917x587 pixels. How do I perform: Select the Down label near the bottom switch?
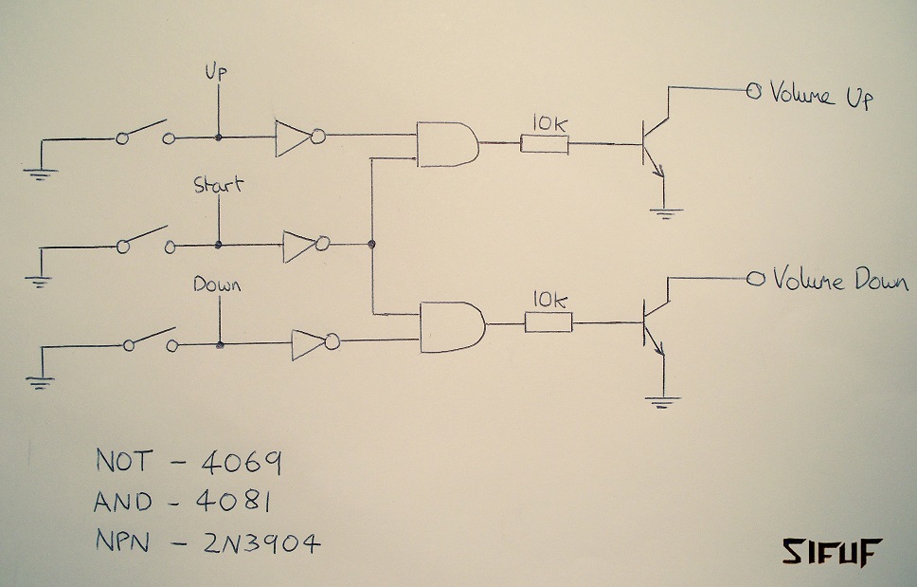[x=218, y=284]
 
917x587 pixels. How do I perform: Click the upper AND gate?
[x=446, y=144]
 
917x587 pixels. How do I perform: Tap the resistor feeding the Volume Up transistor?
[x=544, y=144]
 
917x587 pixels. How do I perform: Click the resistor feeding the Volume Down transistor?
[x=548, y=323]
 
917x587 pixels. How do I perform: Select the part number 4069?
[x=241, y=463]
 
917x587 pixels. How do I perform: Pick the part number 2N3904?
[x=261, y=542]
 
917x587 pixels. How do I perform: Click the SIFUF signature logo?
[x=831, y=551]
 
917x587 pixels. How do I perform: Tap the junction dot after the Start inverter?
[x=372, y=246]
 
